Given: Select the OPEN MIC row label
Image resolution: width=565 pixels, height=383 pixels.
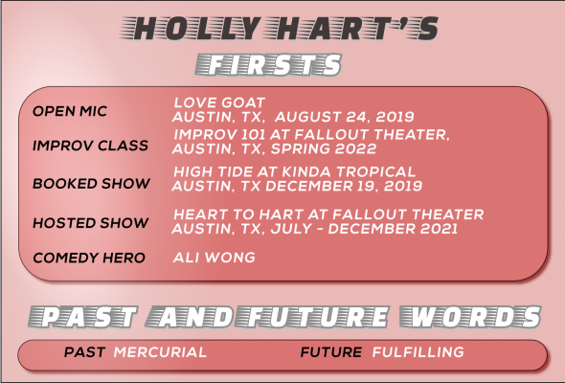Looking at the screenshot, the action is pos(70,111).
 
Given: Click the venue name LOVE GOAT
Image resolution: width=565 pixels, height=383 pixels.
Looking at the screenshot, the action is pos(219,102).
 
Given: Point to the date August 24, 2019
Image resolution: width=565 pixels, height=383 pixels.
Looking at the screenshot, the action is pos(345,117).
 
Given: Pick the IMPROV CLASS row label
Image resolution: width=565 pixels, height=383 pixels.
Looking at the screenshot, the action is pos(90,146).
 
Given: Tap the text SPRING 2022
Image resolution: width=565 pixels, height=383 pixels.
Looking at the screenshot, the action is pos(324,148).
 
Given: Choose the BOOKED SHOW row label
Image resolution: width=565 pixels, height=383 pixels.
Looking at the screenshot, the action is pos(91,184).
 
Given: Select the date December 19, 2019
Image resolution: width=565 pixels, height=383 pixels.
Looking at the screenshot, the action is pos(344,186).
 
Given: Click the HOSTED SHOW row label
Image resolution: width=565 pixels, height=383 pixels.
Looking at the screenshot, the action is pos(90,223).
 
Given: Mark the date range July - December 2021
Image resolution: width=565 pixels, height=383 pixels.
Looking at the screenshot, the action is pos(364,229).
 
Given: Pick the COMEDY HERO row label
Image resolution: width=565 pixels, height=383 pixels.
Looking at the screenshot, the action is pos(89,258).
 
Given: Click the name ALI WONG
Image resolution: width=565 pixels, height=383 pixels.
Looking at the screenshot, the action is pos(215,258).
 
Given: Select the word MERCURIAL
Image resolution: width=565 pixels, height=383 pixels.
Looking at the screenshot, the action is pos(160,352).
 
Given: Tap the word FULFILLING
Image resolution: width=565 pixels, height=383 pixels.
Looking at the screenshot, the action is pos(418,352).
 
